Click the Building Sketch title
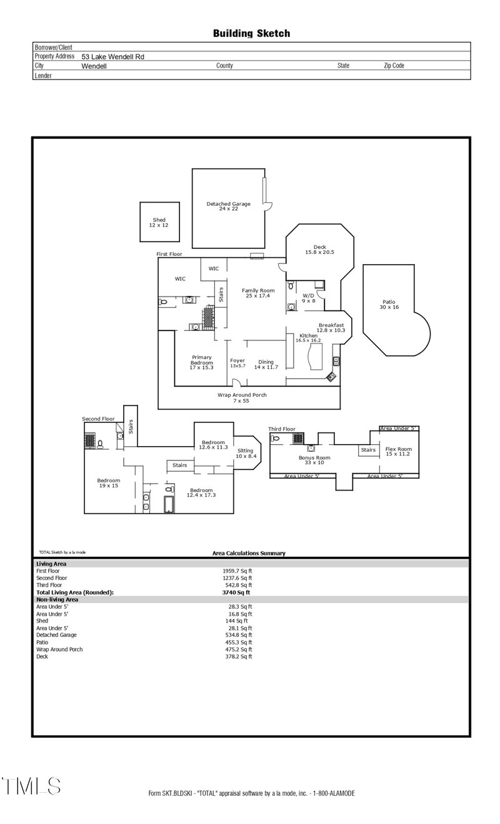pos(251,33)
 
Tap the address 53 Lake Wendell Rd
pos(112,56)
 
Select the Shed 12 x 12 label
pos(159,222)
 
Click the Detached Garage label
pos(229,206)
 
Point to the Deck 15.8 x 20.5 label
pos(320,250)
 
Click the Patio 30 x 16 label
pos(387,305)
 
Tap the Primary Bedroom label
pos(201,362)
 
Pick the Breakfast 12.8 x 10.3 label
pos(331,327)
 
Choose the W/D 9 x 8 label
pos(309,298)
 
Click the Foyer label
pos(237,363)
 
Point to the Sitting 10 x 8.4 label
pos(246,454)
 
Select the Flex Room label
pos(398,452)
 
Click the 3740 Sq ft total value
pos(236,592)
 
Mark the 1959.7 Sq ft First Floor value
pos(237,571)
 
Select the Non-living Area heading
pos(57,599)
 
